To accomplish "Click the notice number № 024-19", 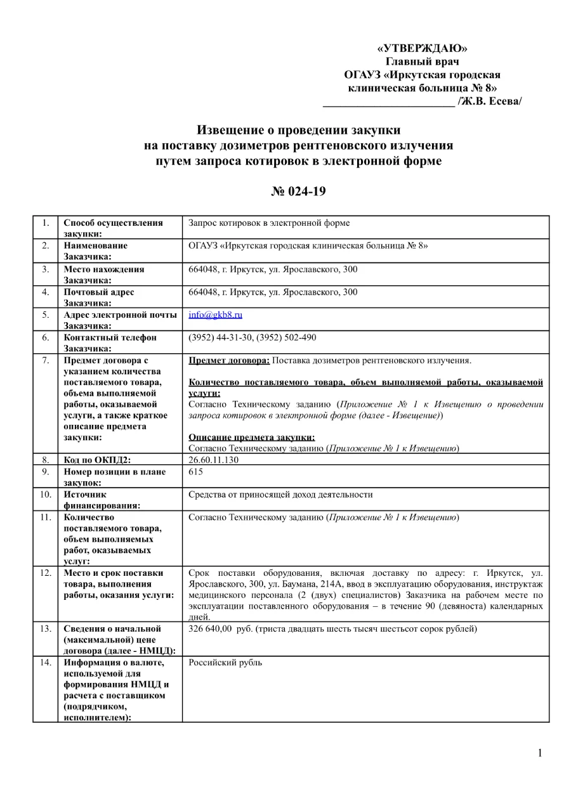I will tap(298, 191).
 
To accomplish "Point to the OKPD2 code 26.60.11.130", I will tap(214, 460).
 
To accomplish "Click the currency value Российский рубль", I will tap(225, 663).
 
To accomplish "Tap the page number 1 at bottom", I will tap(540, 753).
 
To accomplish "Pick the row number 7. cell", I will tap(45, 361).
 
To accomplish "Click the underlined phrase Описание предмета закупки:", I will tap(252, 437).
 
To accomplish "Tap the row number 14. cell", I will tap(45, 663).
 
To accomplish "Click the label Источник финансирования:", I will tap(100, 500).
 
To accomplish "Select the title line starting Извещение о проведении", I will tap(298, 130).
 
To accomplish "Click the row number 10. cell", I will tap(45, 495).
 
